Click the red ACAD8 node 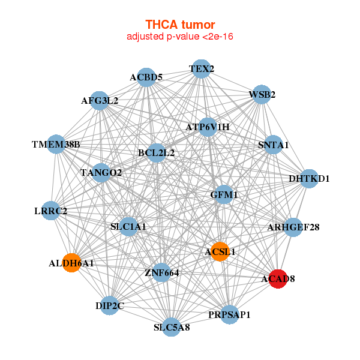[277, 279]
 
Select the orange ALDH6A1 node [71, 263]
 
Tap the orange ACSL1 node [220, 252]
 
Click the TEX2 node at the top [202, 69]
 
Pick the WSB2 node [262, 95]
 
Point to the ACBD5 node [146, 77]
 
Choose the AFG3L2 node [100, 101]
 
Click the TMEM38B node [56, 145]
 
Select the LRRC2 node [51, 211]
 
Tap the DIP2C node [109, 306]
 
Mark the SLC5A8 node [172, 327]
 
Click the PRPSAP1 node [230, 314]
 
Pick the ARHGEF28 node [293, 227]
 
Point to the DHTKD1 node [309, 179]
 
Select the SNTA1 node [273, 145]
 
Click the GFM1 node [224, 195]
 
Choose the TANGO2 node [101, 173]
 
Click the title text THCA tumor [180, 25]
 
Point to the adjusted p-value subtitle [180, 37]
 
